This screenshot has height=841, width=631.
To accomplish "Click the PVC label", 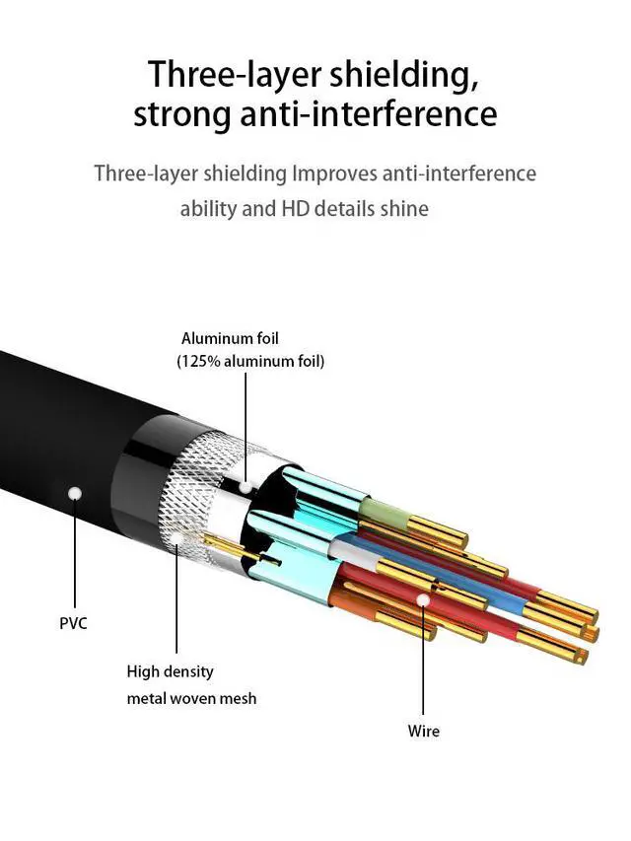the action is pyautogui.click(x=73, y=624).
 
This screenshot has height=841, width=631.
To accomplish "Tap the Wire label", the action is pyautogui.click(x=423, y=731).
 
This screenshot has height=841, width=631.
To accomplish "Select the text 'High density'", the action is pyautogui.click(x=171, y=672).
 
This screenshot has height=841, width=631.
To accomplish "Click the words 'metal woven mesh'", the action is pyautogui.click(x=191, y=698).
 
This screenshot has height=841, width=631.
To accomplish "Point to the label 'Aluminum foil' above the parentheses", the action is pyautogui.click(x=230, y=338).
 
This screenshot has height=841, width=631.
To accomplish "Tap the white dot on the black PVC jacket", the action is pyautogui.click(x=75, y=493).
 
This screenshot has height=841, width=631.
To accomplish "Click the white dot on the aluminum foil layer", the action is pyautogui.click(x=245, y=488).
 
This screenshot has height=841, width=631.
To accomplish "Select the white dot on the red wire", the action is pyautogui.click(x=423, y=599).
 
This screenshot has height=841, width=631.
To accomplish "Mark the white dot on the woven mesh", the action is pyautogui.click(x=176, y=536).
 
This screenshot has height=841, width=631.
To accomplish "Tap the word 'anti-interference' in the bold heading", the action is pyautogui.click(x=368, y=113).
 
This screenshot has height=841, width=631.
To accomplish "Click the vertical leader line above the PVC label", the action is pyautogui.click(x=75, y=553).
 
